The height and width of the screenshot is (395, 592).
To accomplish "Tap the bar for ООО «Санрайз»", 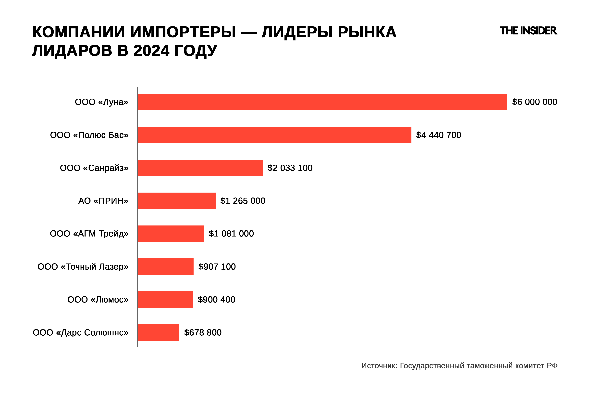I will tap(200, 168).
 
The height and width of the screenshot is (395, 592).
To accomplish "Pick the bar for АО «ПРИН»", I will tap(176, 201).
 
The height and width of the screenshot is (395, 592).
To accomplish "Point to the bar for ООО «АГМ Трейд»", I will tap(171, 234).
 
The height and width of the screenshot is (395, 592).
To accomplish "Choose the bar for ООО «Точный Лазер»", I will tap(165, 266).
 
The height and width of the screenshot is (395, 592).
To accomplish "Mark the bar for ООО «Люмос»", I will tap(165, 300).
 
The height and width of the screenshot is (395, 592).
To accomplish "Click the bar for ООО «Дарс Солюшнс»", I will tap(158, 332).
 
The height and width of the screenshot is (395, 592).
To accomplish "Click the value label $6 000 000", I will tap(535, 102).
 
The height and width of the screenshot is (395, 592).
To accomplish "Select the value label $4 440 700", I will tap(438, 135).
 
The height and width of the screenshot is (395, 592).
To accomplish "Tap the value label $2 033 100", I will tap(290, 168).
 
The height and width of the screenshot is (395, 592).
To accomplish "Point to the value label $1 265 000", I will tap(243, 201).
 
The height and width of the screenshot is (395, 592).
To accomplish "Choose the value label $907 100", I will tap(217, 266).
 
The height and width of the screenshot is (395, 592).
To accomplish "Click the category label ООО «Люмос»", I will tap(98, 300).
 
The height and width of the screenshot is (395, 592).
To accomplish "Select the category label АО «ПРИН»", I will tap(103, 201).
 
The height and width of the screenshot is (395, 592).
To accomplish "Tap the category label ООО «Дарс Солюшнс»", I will tap(81, 332).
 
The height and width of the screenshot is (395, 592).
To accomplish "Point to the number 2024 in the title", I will tap(151, 51).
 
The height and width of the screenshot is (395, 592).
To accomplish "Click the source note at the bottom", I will tap(459, 366).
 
